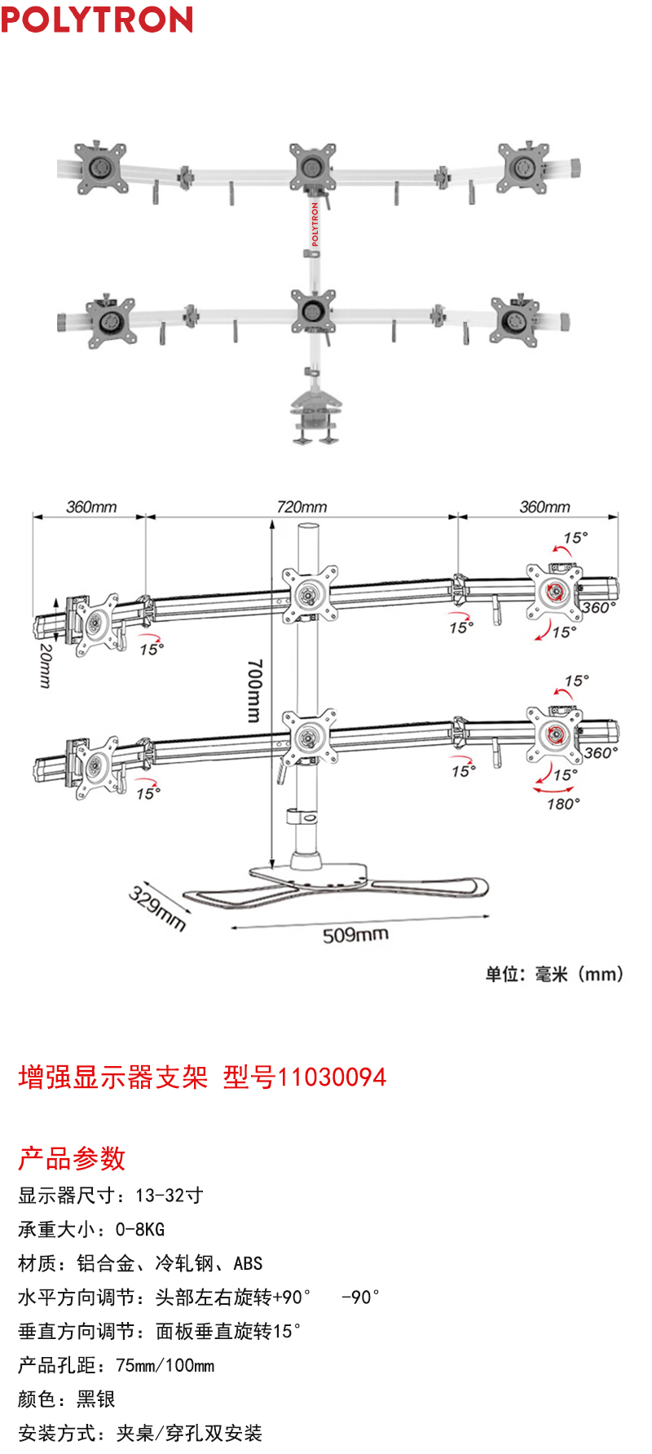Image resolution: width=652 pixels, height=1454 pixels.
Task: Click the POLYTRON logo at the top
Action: pos(97,19)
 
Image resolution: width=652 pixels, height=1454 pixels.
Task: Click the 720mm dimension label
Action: pos(302,507)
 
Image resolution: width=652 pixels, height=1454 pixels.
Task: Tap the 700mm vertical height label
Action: pos(254,690)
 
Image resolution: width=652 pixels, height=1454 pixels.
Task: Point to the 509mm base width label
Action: pos(355,934)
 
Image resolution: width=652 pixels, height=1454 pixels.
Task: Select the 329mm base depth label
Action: pos(157,908)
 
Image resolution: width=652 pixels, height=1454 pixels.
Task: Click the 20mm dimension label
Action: pos(46,665)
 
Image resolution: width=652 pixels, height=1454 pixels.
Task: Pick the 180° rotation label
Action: pos(563,804)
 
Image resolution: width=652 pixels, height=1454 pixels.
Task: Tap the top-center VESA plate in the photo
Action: pos(314,166)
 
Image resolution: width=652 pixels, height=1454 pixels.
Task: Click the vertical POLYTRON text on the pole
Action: pos(315,224)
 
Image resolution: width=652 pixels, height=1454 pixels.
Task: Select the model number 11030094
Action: pos(332,1077)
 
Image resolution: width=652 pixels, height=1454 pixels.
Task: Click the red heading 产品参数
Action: pos(72,1158)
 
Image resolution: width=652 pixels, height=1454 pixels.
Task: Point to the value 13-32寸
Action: pos(170,1196)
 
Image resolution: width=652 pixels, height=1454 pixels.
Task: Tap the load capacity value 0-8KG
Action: pos(140,1230)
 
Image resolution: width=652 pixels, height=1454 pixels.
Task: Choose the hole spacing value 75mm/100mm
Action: pos(165,1365)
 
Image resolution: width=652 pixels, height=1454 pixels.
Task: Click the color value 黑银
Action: pos(96,1399)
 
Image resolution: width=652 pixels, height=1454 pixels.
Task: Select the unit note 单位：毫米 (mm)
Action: pos(554,974)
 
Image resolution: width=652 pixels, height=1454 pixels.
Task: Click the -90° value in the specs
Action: pos(360,1297)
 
